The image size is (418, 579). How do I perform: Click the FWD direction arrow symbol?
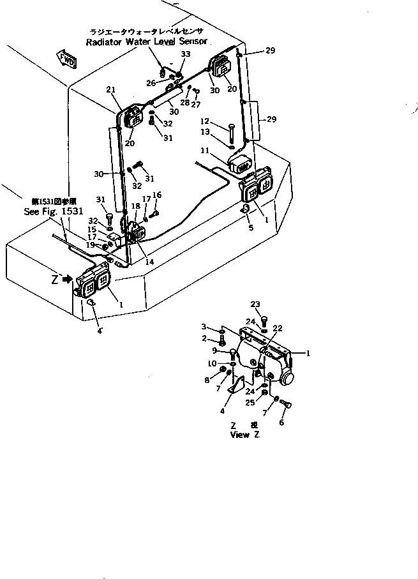66,59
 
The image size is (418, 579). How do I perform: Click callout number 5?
250,227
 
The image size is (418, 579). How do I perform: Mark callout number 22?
277,328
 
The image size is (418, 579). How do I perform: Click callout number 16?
156,195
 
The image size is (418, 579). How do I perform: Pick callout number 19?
91,244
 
